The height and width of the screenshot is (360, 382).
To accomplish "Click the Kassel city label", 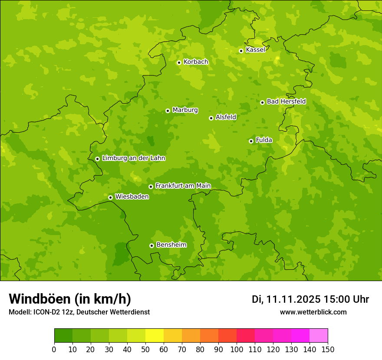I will [255, 50].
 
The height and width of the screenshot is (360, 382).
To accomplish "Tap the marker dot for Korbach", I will [179, 62].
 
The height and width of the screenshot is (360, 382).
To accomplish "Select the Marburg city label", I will [185, 110].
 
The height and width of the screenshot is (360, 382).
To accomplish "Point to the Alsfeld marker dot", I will [211, 118].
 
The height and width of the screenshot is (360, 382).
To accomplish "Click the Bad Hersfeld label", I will [286, 101].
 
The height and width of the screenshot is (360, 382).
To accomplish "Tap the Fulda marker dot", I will [251, 141].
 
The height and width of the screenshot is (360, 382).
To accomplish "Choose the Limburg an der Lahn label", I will [133, 158].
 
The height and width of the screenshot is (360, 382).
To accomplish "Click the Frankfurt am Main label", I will [183, 186].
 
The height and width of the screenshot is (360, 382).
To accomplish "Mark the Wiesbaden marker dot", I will [110, 197].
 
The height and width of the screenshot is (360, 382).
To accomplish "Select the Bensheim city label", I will [171, 245].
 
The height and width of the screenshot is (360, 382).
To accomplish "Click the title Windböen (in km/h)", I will [70, 299].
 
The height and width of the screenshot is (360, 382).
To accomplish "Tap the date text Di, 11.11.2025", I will [286, 299].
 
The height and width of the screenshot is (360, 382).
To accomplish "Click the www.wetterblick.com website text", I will [313, 312].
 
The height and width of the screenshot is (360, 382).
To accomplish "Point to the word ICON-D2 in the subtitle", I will [46, 312].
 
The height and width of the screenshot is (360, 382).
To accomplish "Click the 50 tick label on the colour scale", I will [145, 349].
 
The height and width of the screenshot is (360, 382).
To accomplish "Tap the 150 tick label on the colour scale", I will [327, 349].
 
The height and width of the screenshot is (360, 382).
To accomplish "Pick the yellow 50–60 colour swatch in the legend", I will [154, 336].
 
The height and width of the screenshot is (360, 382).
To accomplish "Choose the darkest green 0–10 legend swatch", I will [63, 336].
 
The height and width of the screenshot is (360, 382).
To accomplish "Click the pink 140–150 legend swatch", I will [318, 336].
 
